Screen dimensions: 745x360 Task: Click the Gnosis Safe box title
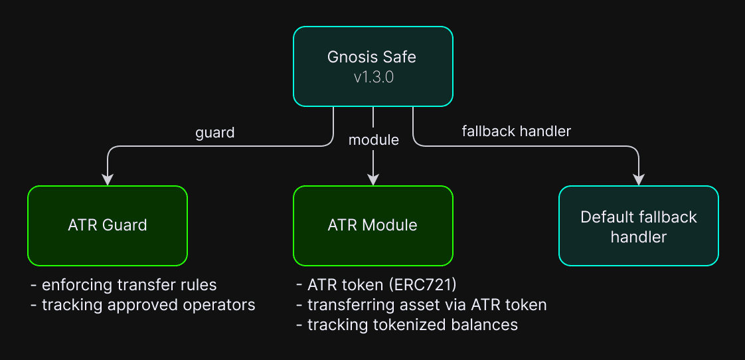pos(372,57)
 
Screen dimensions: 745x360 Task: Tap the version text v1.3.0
pos(373,78)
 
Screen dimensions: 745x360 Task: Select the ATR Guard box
pos(108,225)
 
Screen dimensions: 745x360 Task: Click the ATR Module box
pos(373,225)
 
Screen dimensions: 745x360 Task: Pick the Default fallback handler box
pos(639,225)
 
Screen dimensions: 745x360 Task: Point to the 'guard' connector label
pos(214,133)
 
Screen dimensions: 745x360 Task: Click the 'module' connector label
pos(373,139)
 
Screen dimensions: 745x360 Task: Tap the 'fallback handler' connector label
pos(516,132)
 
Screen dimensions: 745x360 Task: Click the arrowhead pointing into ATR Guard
pos(108,180)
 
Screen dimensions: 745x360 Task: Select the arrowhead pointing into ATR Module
pos(373,180)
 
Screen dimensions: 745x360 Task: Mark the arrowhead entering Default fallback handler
pos(639,180)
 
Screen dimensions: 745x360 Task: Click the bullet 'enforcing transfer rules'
pos(124,285)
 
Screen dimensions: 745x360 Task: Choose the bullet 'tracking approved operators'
pos(143,305)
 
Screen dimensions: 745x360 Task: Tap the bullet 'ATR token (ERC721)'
pos(376,285)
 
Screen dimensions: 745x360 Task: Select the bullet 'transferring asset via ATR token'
pos(421,305)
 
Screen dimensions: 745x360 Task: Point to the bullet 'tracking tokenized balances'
pos(407,325)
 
